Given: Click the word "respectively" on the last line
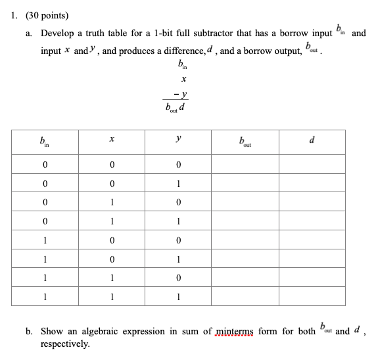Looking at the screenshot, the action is point(65,344).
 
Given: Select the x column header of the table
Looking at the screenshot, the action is point(112,139).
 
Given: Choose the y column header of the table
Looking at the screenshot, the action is point(178,139).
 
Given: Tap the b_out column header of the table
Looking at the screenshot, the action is point(245,140).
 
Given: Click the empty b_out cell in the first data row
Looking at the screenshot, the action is point(245,163).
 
